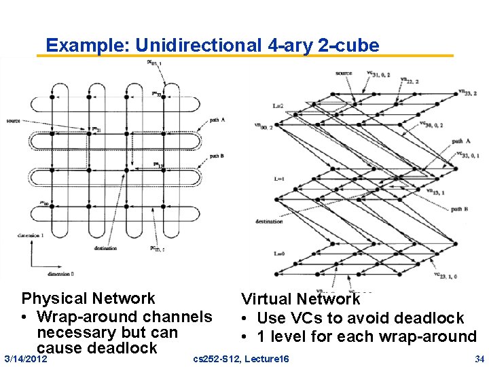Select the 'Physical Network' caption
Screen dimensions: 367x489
[x=88, y=298]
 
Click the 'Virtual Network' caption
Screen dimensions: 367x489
[x=301, y=299]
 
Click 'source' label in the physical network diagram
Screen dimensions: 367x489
[x=13, y=121]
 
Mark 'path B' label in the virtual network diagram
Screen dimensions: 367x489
[x=460, y=209]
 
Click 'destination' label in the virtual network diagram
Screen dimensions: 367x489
[x=270, y=222]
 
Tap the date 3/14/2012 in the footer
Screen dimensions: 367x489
[x=26, y=358]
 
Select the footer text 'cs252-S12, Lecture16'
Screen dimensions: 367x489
[x=241, y=358]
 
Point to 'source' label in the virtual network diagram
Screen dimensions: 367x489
[x=344, y=73]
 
